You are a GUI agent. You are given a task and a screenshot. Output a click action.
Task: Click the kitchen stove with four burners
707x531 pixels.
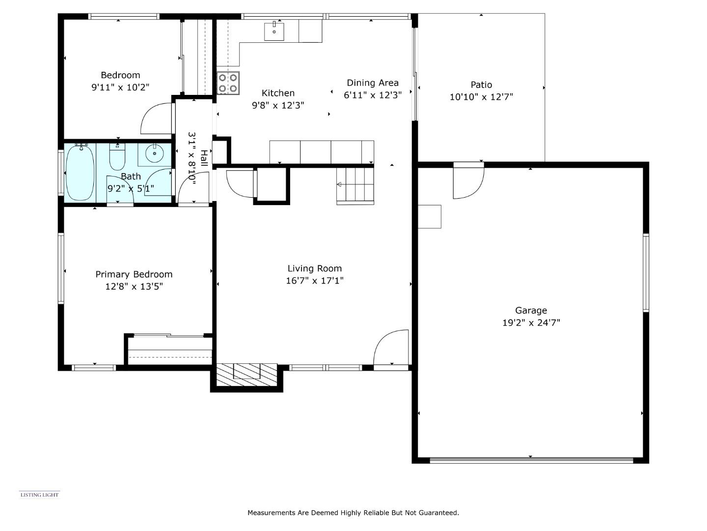[228, 83]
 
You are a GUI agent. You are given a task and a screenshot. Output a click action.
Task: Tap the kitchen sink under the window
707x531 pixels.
[274, 31]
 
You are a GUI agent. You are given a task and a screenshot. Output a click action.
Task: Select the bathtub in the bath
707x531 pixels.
[80, 172]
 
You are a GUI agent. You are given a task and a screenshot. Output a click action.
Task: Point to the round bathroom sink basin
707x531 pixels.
[155, 154]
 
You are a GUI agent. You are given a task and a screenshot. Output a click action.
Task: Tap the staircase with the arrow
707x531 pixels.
[355, 185]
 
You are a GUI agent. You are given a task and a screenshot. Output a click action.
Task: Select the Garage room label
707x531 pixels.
[531, 311]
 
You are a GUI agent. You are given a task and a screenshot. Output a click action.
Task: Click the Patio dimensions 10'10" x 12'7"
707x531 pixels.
[481, 97]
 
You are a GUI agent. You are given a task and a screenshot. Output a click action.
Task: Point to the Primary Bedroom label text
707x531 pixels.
[134, 274]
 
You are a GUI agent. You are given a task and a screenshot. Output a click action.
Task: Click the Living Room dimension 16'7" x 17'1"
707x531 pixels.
[314, 281]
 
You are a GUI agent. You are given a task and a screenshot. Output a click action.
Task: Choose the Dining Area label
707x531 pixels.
[372, 83]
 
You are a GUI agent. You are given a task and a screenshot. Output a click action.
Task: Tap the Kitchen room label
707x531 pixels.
[278, 93]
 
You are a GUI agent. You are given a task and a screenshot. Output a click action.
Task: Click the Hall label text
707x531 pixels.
[204, 158]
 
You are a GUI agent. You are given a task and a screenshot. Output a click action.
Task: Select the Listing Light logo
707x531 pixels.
[39, 495]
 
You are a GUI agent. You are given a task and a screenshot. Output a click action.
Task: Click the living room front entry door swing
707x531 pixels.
[391, 347]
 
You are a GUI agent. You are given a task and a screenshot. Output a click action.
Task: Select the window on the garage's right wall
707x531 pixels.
[646, 273]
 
